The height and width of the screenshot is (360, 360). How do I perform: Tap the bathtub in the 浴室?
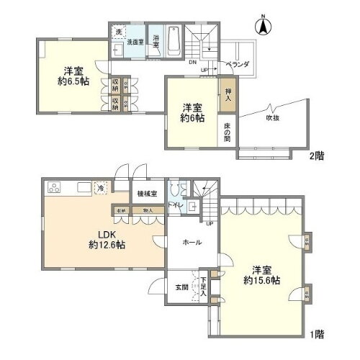pos(175,42)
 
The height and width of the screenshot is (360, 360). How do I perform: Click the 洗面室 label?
pos(135,41)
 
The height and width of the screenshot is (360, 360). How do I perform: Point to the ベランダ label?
pos(238,65)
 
